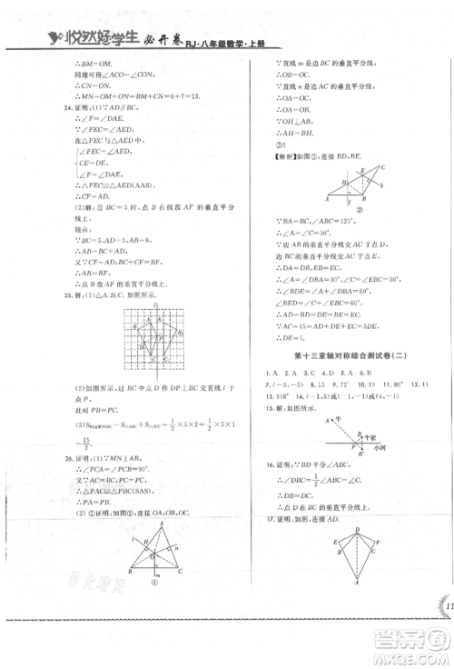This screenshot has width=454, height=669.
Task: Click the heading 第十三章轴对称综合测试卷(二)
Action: [x=340, y=354]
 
